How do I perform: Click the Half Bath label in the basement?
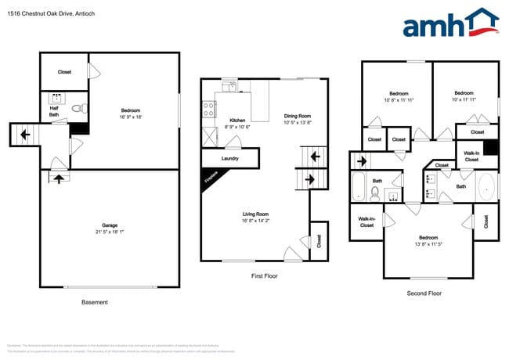pyautogui.click(x=54, y=112)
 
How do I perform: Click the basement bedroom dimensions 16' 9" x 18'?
pyautogui.click(x=131, y=117)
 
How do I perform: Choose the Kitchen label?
pyautogui.click(x=237, y=121)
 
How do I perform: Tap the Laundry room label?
pyautogui.click(x=230, y=158)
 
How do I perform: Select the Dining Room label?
pyautogui.click(x=298, y=117)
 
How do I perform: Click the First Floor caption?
pyautogui.click(x=264, y=275)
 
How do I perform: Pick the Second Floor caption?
pyautogui.click(x=424, y=293)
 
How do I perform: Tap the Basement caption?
pyautogui.click(x=95, y=302)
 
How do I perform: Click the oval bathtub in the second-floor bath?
pyautogui.click(x=485, y=187)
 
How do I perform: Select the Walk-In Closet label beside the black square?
pyautogui.click(x=471, y=156)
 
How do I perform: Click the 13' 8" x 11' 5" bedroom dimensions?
pyautogui.click(x=428, y=243)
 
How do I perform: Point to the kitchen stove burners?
pyautogui.click(x=209, y=110)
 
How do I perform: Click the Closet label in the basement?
pyautogui.click(x=64, y=72)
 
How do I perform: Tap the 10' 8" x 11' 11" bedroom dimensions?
pyautogui.click(x=398, y=100)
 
